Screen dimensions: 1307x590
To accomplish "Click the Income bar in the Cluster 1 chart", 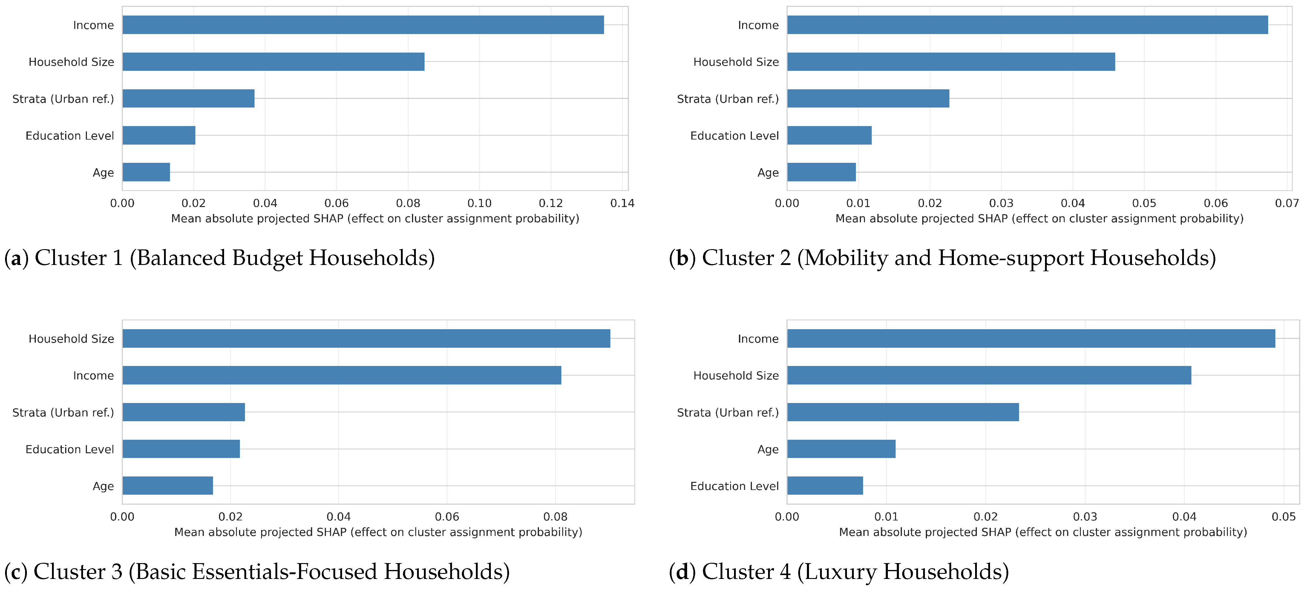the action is [x=363, y=25].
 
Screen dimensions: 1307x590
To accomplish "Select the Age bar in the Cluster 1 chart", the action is [x=146, y=172].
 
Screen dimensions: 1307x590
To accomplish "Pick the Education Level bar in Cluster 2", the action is [x=830, y=135].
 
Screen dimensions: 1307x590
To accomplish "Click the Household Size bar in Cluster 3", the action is [x=366, y=338].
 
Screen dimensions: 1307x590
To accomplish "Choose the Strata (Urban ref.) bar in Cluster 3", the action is [x=184, y=412].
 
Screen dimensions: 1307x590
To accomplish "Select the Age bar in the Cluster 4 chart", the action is [x=841, y=449].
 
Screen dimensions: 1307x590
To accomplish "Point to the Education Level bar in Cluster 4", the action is [x=825, y=485].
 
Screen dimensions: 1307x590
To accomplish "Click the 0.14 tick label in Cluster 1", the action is [x=622, y=203].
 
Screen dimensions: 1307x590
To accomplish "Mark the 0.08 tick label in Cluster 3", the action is [x=555, y=517].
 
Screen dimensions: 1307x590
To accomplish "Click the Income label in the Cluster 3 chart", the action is [x=93, y=376].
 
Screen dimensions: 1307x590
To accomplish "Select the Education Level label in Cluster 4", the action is [x=734, y=486].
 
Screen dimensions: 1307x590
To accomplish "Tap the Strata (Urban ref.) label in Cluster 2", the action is [x=727, y=99].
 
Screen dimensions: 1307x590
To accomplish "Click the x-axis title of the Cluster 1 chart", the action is [x=375, y=219].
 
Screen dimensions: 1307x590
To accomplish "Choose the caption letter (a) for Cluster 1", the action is [x=16, y=258].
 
